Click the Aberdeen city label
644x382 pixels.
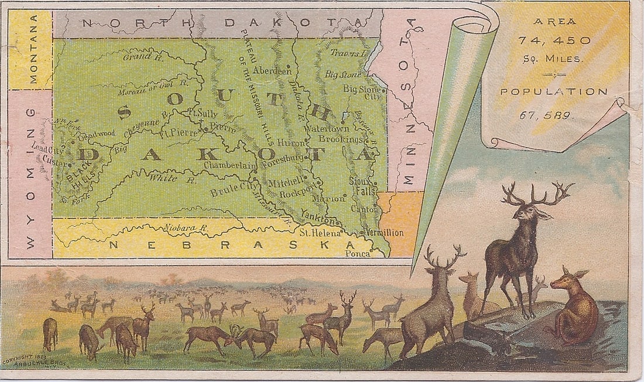272,70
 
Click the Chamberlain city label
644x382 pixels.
229,166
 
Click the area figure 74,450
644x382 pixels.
554,40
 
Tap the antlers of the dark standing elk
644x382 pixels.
537,193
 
